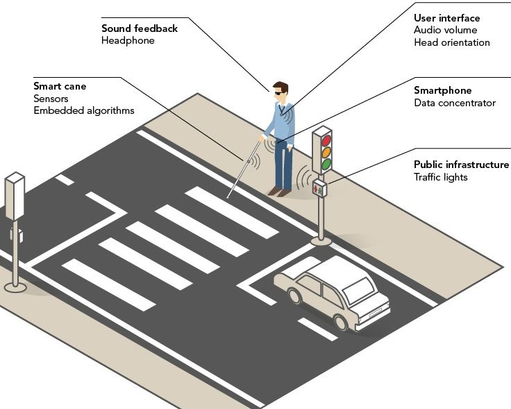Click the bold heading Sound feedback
139,28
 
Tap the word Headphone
128,40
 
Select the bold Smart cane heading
60,87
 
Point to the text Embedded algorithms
83,110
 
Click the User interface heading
446,18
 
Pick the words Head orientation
451,42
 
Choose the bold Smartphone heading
442,90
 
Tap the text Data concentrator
455,103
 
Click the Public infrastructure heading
461,165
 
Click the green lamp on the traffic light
326,165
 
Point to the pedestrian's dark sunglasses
279,92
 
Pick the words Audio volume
444,30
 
